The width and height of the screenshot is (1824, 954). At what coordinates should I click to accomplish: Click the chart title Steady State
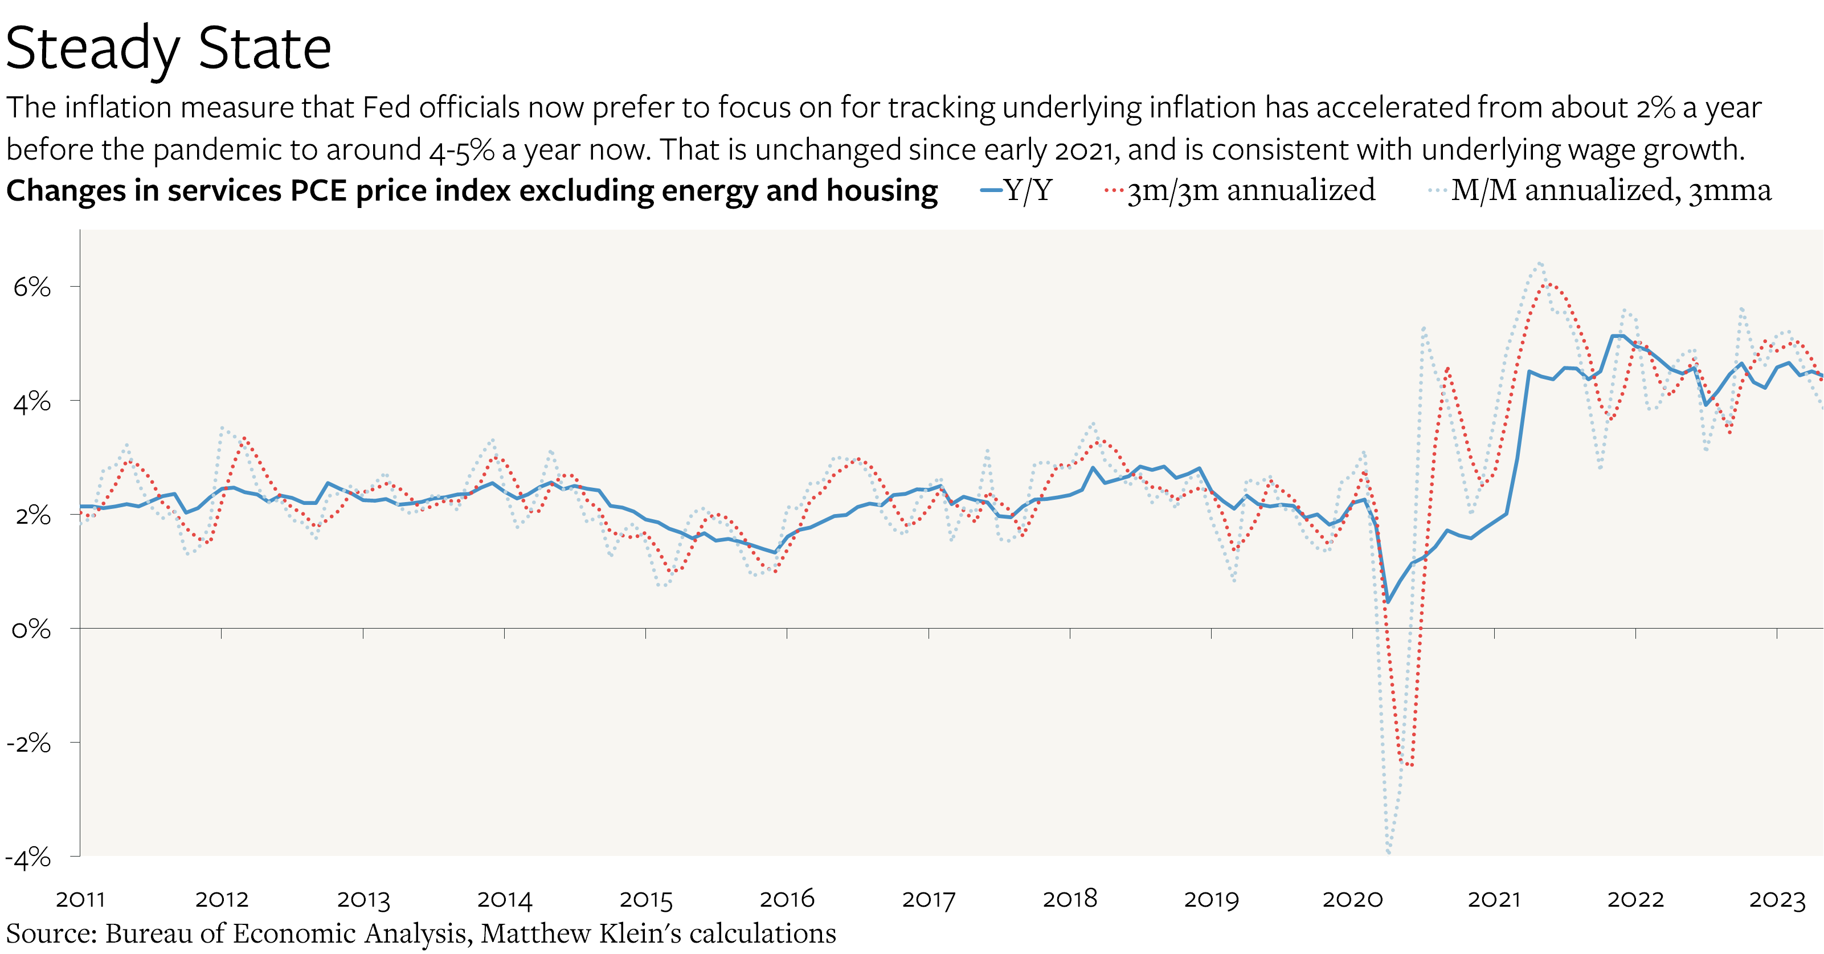pyautogui.click(x=168, y=48)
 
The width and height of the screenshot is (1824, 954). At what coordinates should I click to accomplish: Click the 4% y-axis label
pyautogui.click(x=32, y=402)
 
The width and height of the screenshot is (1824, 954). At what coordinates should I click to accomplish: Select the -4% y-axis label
pyautogui.click(x=28, y=858)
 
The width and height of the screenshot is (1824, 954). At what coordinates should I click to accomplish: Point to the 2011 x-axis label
pyautogui.click(x=80, y=899)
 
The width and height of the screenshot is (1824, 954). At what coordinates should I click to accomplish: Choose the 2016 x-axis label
pyautogui.click(x=787, y=899)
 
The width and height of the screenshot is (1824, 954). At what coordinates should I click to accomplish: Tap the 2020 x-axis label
pyautogui.click(x=1352, y=899)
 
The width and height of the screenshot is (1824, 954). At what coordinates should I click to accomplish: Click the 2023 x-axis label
pyautogui.click(x=1777, y=899)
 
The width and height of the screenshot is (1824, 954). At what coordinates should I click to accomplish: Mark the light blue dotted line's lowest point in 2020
pyautogui.click(x=1388, y=852)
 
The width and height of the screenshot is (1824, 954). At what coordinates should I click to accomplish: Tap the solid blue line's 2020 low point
pyautogui.click(x=1388, y=602)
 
